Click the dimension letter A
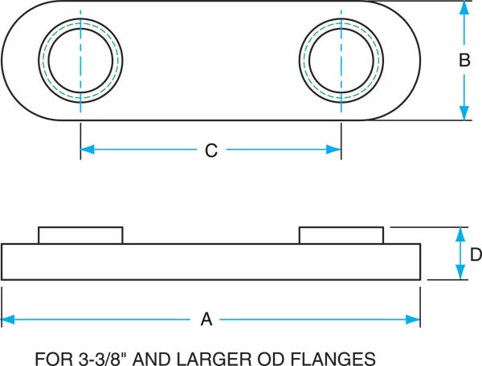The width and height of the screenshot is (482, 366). tap(206, 319)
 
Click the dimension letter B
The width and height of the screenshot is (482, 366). tap(464, 60)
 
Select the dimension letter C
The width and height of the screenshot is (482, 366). tap(211, 149)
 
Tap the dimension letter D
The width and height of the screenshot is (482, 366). tap(475, 254)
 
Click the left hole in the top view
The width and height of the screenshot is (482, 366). tap(81, 60)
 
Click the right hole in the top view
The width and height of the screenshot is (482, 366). tap(341, 60)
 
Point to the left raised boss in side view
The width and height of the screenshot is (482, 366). tap(80, 235)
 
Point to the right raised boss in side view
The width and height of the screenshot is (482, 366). tap(341, 235)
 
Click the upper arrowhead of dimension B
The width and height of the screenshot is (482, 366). tap(463, 7)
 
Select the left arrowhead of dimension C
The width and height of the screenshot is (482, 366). tap(88, 149)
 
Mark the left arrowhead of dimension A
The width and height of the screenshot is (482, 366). tap(9, 319)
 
